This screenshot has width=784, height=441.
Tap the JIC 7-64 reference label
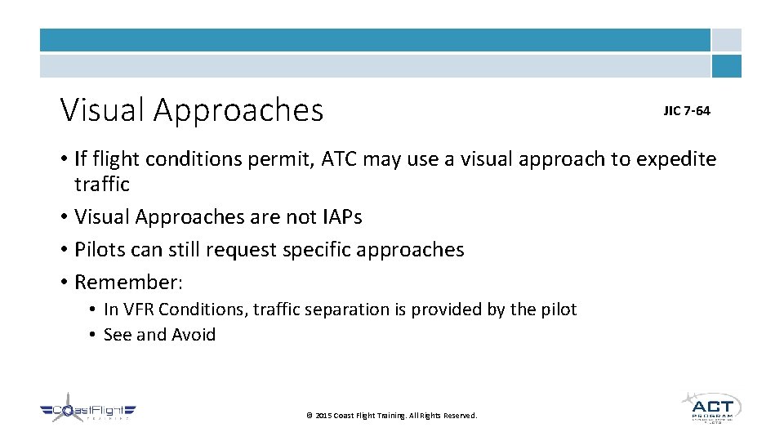click(686, 110)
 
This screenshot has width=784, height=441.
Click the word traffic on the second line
click(101, 184)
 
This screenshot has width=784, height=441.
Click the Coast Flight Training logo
click(88, 412)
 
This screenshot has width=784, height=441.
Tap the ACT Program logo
click(711, 408)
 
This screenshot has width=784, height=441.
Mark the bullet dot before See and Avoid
click(94, 335)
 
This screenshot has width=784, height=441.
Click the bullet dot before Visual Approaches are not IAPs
click(64, 217)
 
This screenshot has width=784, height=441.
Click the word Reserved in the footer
click(460, 416)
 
